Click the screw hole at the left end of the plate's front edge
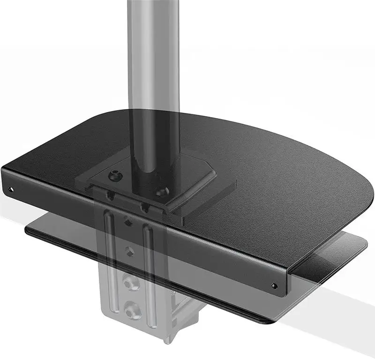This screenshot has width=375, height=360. (x=11, y=189)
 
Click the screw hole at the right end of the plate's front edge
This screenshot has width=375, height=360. (x=274, y=285)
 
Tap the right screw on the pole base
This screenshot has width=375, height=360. (x=163, y=191)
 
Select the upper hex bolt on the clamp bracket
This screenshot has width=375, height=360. (x=128, y=283)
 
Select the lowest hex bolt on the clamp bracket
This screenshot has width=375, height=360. (x=131, y=310)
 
